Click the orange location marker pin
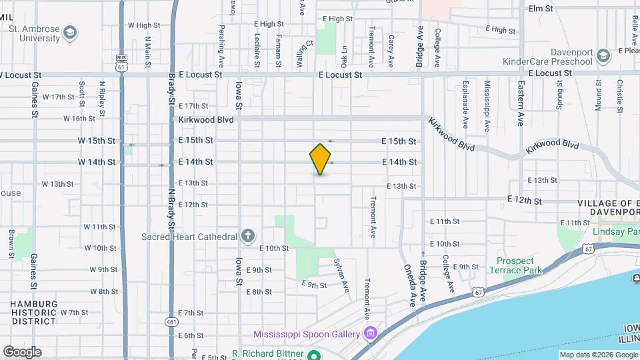pos(320,159)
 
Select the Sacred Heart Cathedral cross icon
pos(247,236)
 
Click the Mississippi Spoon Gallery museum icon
pos(371,333)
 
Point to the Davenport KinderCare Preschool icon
pos(603,55)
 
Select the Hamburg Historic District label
pos(34,312)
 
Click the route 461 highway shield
pos(171,322)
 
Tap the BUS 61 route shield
pos(121,63)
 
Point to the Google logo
pos(22,351)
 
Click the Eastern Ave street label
pos(521,103)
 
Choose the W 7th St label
pos(74,312)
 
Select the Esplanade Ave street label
pos(465,104)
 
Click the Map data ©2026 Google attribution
pos(598,355)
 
